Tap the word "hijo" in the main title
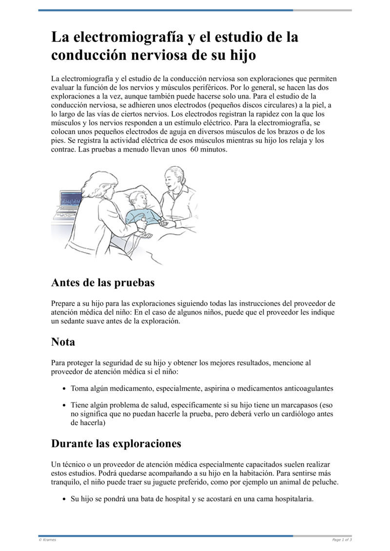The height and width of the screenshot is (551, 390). click(x=239, y=55)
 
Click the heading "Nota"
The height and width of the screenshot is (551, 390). click(x=63, y=342)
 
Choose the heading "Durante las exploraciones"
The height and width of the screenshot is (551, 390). click(x=116, y=444)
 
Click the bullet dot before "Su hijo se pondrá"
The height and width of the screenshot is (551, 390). click(x=65, y=499)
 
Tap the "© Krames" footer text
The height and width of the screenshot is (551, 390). click(x=47, y=539)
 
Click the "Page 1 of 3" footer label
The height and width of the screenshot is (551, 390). click(x=341, y=539)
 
